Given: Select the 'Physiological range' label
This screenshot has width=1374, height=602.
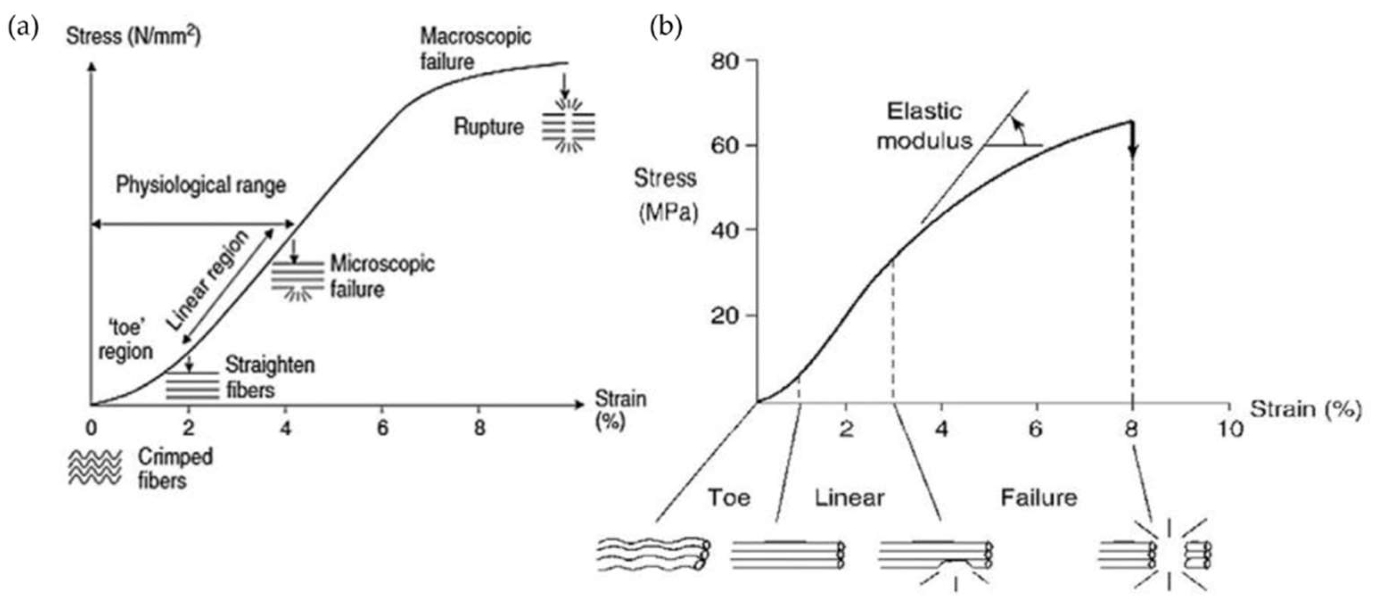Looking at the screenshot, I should click(x=201, y=186).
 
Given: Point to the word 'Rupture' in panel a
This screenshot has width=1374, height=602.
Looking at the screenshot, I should click(x=489, y=127).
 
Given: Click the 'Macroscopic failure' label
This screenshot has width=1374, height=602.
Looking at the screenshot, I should click(x=475, y=49).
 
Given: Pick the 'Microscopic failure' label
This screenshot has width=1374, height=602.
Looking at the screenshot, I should click(x=382, y=276).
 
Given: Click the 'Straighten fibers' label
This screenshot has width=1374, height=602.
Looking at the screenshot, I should click(x=270, y=377).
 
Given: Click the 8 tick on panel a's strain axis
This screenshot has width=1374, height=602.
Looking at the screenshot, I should click(x=480, y=428).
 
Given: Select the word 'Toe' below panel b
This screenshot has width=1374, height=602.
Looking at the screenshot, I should click(x=729, y=498).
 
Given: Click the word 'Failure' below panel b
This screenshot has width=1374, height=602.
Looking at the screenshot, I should click(x=1038, y=498).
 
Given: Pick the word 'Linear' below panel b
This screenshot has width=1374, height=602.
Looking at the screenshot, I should click(x=849, y=498).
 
